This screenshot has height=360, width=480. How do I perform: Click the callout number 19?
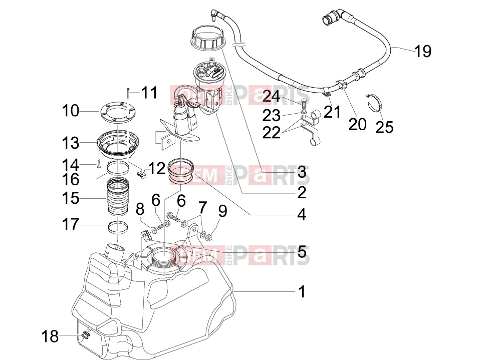point(423,51)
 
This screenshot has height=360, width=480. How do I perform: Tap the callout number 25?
point(384,127)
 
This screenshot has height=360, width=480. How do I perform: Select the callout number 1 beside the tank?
point(302,291)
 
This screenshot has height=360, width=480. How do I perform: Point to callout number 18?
point(50,336)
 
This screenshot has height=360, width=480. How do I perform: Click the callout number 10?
point(71,111)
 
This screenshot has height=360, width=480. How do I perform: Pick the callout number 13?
point(71,143)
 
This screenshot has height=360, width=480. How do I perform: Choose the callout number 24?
point(271,96)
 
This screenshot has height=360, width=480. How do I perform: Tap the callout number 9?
point(222,211)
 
